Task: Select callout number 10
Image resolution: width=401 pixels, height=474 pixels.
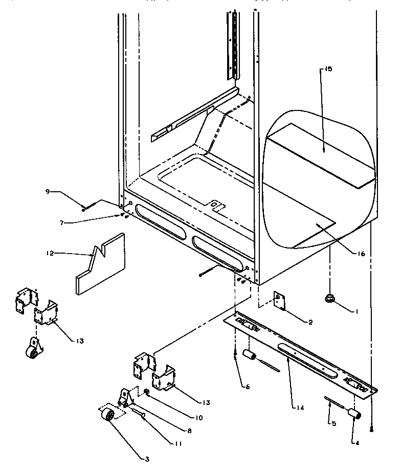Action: click(x=198, y=417)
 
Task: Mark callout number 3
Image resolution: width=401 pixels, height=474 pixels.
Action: click(x=147, y=459)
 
